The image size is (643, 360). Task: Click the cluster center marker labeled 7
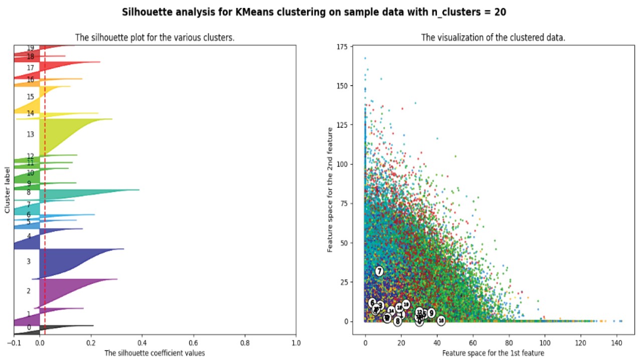(x=379, y=271)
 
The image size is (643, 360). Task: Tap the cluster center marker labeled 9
(x=431, y=313)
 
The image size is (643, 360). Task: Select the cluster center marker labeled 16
(x=441, y=320)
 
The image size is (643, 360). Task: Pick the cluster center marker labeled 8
(x=397, y=321)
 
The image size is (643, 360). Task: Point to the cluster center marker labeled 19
(x=406, y=304)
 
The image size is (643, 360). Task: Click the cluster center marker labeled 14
(x=391, y=311)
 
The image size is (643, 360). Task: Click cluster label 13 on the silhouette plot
(x=31, y=134)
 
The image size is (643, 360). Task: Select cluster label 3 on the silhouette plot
(x=29, y=261)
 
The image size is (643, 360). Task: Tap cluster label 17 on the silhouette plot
(x=31, y=68)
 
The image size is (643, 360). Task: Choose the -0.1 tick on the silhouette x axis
(x=14, y=343)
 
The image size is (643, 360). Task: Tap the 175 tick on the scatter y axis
(x=342, y=47)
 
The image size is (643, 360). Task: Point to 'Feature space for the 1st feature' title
(x=493, y=353)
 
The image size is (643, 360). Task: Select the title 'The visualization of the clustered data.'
(x=493, y=38)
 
